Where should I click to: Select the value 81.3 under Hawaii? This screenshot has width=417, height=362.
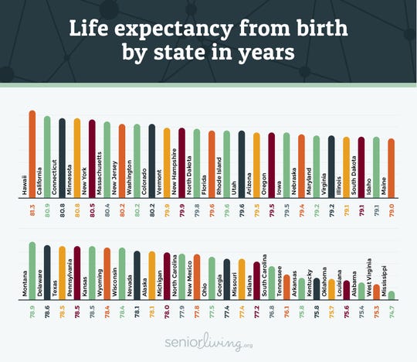[32, 208]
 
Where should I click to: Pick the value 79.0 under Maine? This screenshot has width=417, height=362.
[392, 208]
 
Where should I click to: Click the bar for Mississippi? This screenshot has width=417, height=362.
[392, 294]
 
